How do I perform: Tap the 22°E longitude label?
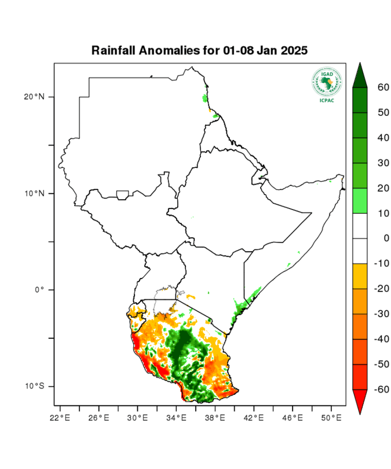pyautogui.click(x=60, y=418)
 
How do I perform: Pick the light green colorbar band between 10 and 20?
pyautogui.click(x=360, y=201)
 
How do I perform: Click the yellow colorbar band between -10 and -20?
pyautogui.click(x=360, y=276)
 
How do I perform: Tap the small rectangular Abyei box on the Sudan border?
pyautogui.click(x=122, y=196)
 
